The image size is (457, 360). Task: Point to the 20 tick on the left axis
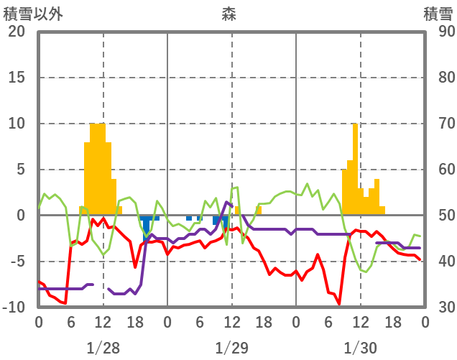17,32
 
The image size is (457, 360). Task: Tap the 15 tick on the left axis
17,78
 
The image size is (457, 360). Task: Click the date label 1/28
103,348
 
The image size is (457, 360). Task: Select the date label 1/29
231,348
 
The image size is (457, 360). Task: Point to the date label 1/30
360,348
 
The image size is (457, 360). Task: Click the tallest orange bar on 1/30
355,170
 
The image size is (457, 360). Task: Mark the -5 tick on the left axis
18,262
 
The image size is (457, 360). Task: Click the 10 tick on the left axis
17,124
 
